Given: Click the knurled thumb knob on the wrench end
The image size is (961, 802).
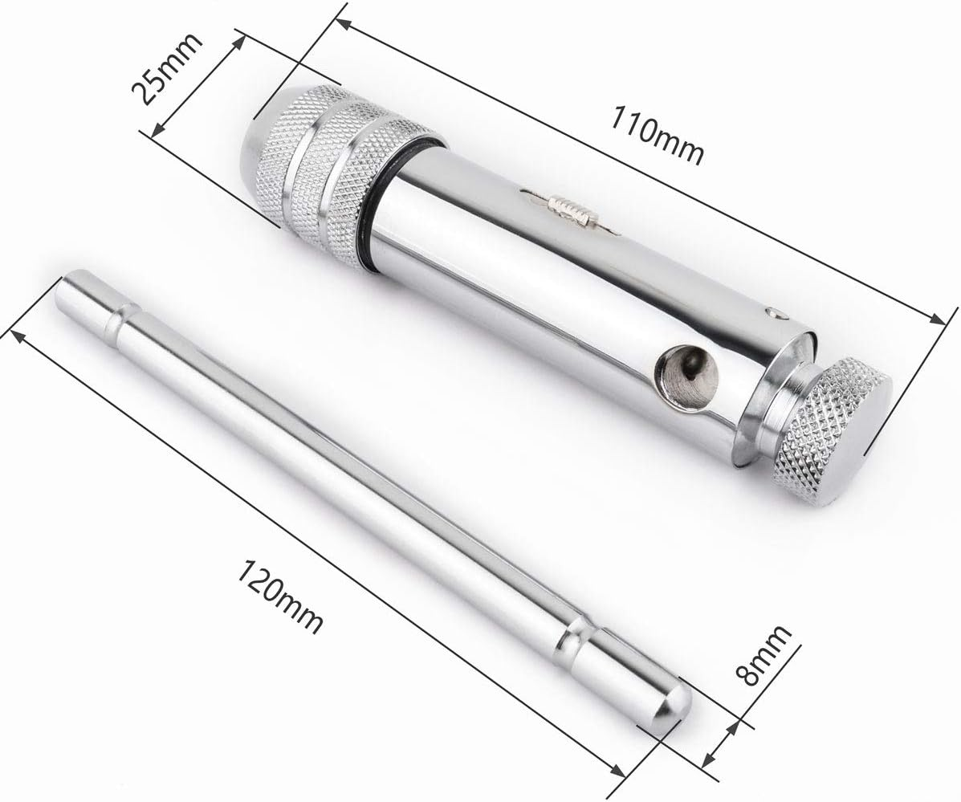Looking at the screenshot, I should click(x=832, y=430).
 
